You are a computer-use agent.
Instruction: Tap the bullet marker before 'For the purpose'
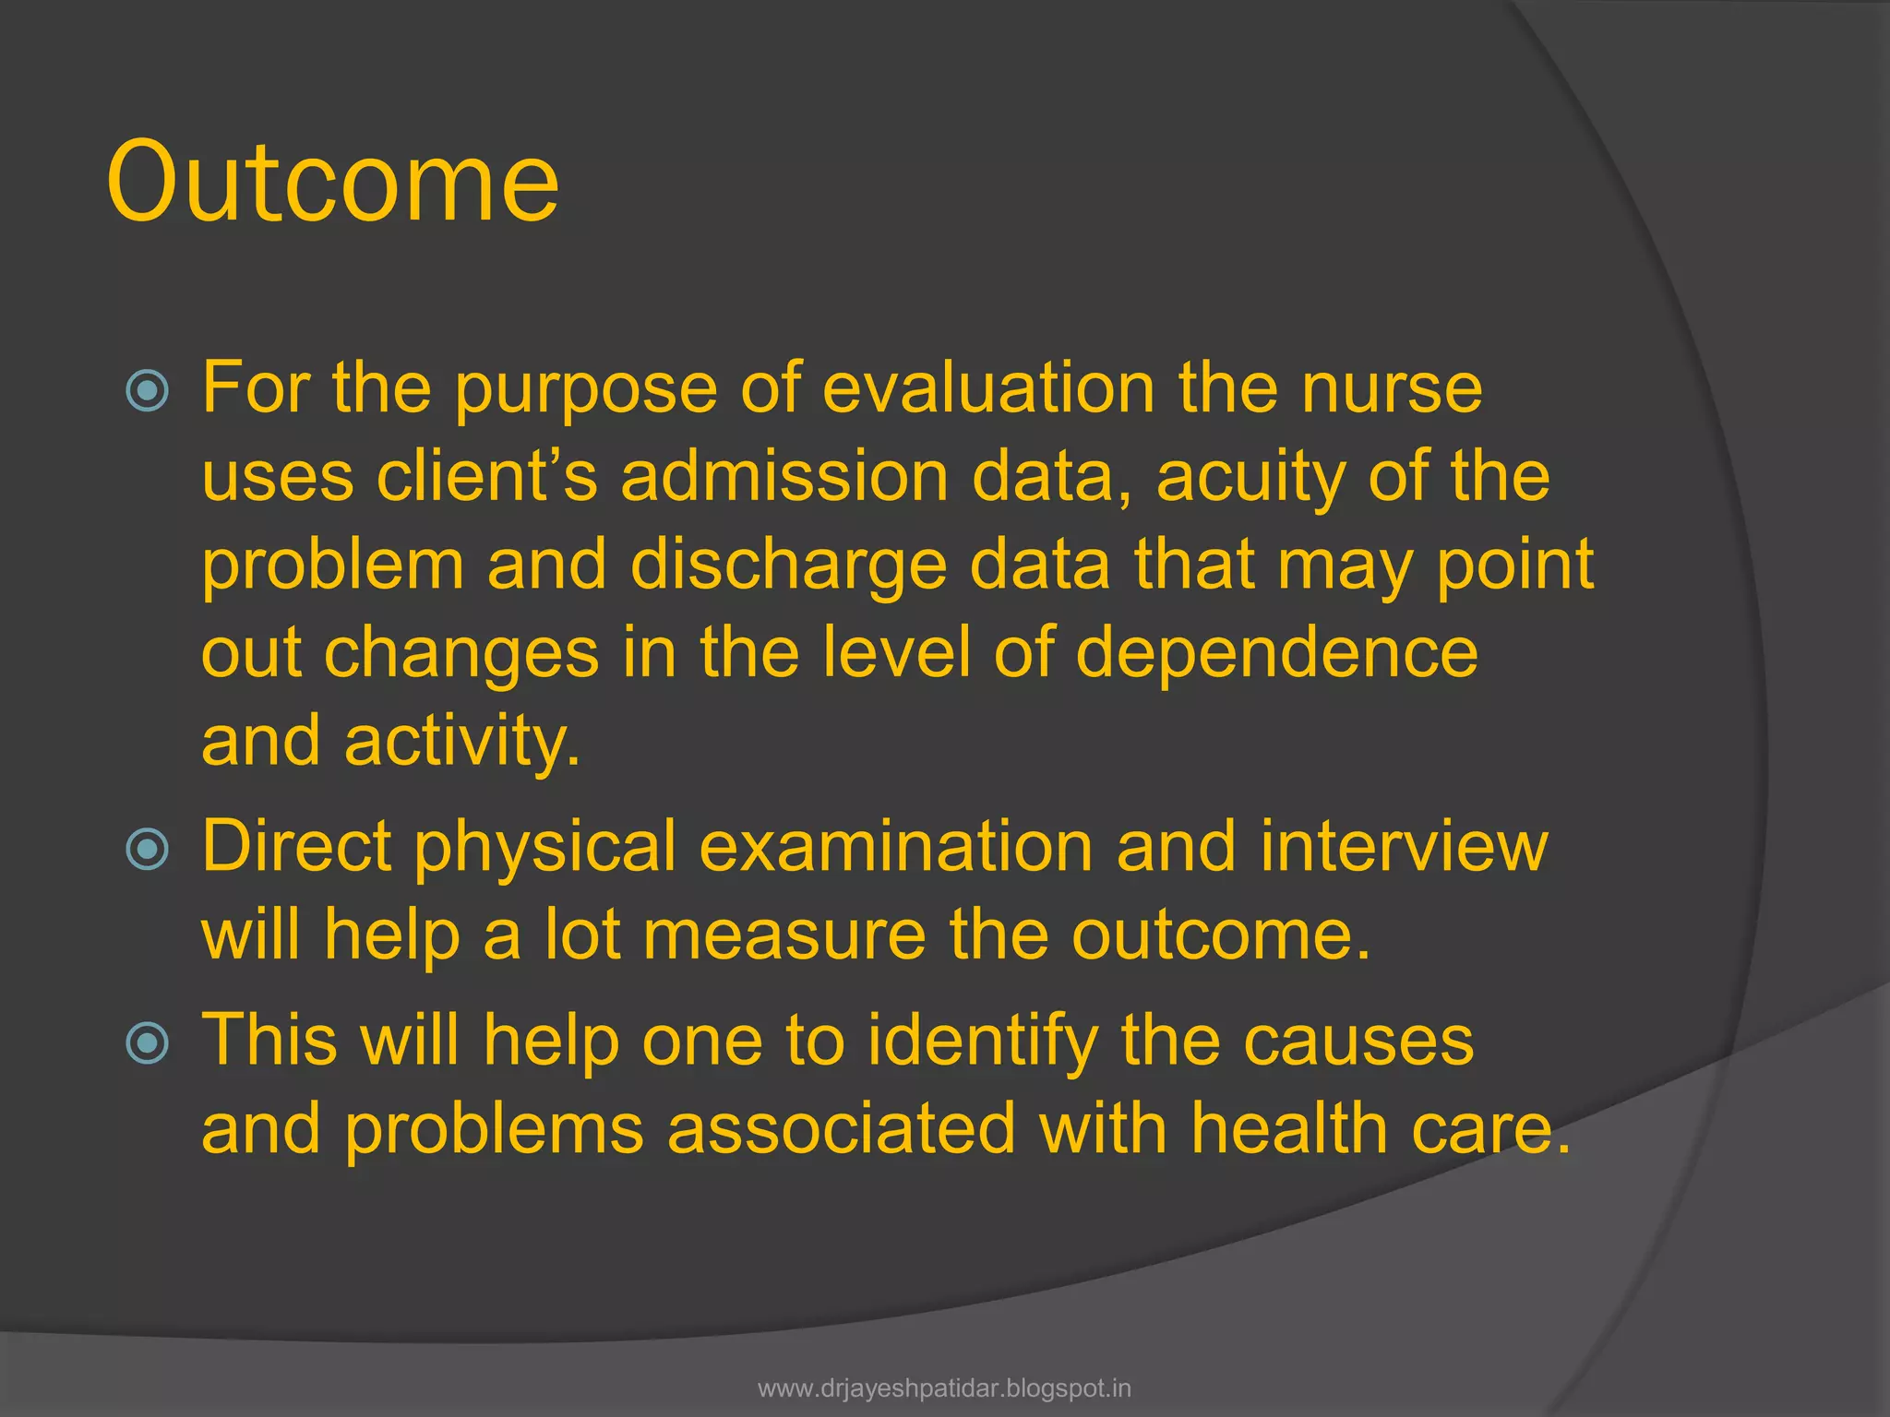pyautogui.click(x=148, y=389)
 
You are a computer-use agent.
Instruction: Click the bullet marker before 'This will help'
pyautogui.click(x=148, y=1043)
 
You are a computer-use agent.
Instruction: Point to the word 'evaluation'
pyautogui.click(x=988, y=387)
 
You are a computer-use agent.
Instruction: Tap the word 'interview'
pyautogui.click(x=1403, y=846)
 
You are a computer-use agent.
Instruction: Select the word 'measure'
pyautogui.click(x=784, y=935)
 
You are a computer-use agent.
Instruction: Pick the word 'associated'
pyautogui.click(x=841, y=1128)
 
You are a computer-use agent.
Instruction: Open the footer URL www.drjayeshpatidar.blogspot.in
pyautogui.click(x=944, y=1388)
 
